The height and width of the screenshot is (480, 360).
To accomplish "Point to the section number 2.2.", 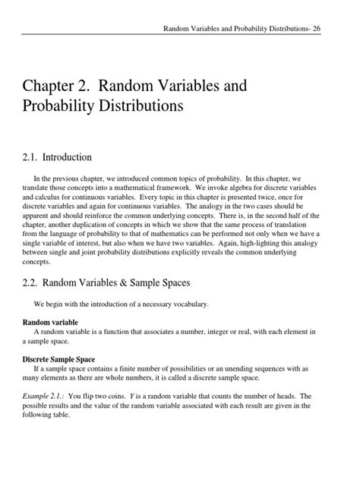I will pos(33,283).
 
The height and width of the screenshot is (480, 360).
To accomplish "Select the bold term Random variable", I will pos(51,322).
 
